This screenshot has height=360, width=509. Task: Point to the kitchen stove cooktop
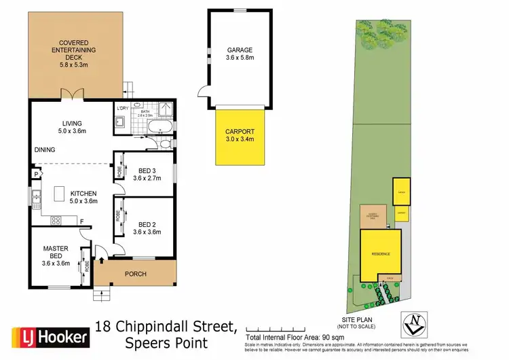56,219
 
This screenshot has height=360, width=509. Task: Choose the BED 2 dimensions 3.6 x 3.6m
147,232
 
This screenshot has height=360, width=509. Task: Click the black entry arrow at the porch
102,258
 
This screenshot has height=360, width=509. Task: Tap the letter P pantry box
32,175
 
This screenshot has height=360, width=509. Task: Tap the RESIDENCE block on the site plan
381,253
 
